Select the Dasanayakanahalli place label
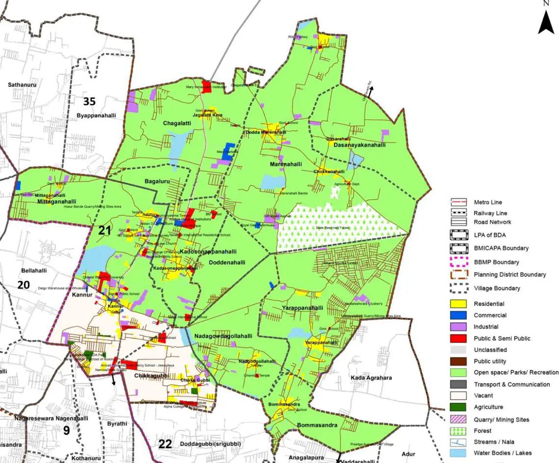click(x=359, y=145)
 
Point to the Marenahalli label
click(x=286, y=164)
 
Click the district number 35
click(x=89, y=102)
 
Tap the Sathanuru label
click(x=22, y=85)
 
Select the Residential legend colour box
click(x=458, y=304)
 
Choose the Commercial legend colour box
click(x=458, y=315)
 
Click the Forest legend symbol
click(x=458, y=431)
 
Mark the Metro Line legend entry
click(x=458, y=202)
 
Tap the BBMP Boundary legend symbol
click(x=458, y=262)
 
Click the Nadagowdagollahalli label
click(x=223, y=336)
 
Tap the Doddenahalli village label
click(x=227, y=263)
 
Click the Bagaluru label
click(x=157, y=181)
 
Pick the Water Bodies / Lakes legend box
click(x=458, y=453)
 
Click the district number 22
click(x=165, y=444)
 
